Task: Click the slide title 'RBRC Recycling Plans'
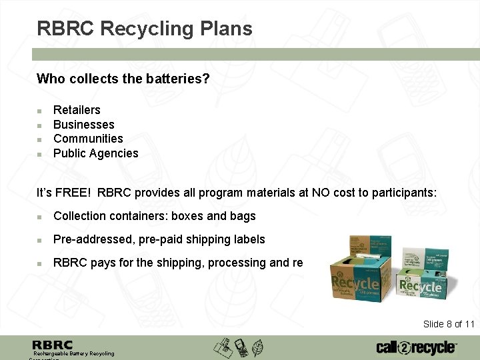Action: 145,29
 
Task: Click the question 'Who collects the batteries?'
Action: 123,79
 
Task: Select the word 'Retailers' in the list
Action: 77,110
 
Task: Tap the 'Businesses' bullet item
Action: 83,125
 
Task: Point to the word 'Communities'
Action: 88,139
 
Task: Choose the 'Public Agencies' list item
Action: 95,153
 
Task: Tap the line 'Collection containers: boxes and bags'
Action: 154,216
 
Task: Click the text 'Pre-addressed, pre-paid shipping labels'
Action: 159,239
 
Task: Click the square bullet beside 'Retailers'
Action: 40,111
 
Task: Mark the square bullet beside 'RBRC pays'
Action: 40,263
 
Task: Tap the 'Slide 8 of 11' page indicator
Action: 449,324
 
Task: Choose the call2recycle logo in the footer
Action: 417,347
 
